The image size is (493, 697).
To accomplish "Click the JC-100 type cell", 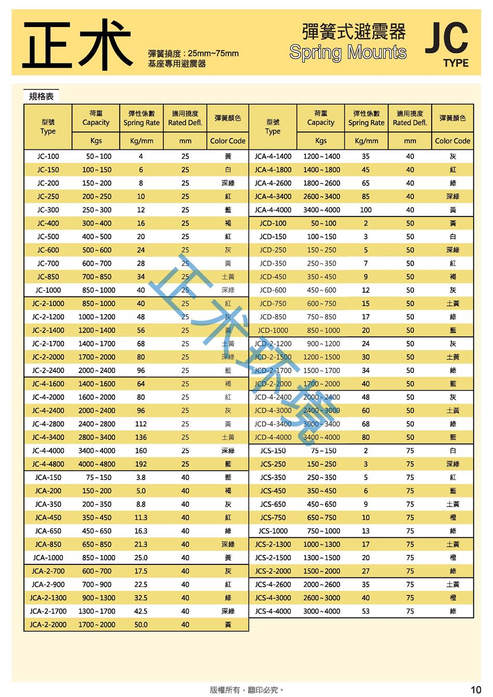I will (48, 156).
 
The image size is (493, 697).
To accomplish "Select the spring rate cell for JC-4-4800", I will (141, 464).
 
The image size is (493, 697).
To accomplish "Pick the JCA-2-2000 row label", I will (48, 625).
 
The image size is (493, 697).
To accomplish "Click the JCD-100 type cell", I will (273, 223).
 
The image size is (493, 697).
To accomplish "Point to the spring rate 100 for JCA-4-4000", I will (366, 210).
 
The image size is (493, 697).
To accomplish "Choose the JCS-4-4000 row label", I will (273, 611).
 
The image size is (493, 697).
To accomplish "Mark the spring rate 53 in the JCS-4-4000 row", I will (366, 611).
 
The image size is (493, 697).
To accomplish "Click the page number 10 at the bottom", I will (475, 690).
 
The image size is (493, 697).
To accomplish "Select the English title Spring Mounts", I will (347, 53).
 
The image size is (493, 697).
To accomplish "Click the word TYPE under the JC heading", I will (456, 63).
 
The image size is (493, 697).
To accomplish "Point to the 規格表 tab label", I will (42, 96).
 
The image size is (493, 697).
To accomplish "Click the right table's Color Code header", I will (452, 141).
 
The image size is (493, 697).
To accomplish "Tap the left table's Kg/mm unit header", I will (141, 141).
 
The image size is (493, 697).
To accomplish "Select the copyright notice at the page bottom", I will (247, 690).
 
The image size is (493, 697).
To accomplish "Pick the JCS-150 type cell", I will (273, 451).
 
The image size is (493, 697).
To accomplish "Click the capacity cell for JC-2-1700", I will (97, 344).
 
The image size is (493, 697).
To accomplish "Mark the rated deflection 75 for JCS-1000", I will (410, 531).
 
